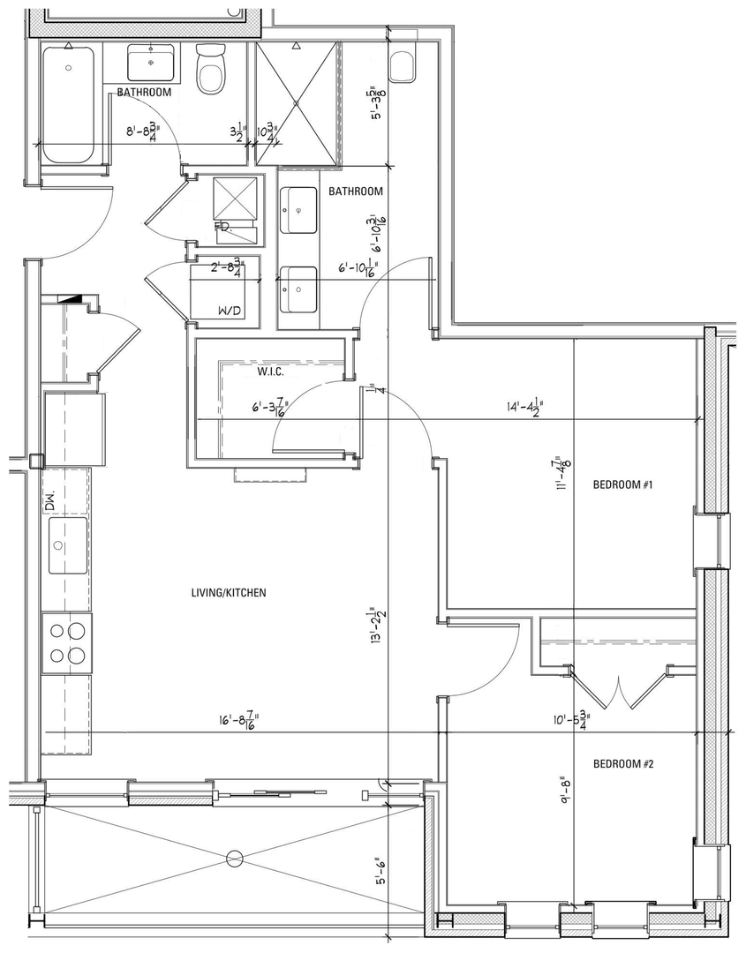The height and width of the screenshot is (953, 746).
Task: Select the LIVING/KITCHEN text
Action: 229,593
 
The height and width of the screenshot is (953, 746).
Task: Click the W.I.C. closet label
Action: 269,371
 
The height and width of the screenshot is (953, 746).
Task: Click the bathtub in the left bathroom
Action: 68,104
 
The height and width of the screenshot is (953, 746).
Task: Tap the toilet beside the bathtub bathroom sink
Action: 211,68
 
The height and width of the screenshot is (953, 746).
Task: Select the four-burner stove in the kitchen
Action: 67,642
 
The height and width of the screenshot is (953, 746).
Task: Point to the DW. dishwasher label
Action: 50,504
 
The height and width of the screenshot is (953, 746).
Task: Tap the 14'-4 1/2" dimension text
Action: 524,409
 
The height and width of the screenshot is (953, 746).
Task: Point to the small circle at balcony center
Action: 234,857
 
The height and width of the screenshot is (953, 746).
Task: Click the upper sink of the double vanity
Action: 298,210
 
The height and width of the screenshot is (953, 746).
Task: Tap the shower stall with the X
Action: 297,104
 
